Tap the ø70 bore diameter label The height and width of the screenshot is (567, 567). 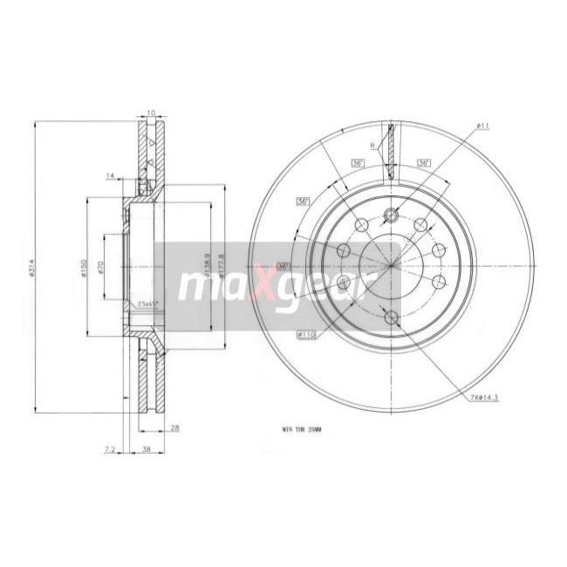tap(101, 268)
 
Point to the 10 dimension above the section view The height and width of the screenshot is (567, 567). tap(149, 113)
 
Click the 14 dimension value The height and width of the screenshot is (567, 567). tap(110, 177)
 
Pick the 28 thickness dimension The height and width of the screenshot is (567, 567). tap(175, 427)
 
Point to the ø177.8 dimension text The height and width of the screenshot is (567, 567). tap(223, 265)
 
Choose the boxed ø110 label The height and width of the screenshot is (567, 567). tap(306, 332)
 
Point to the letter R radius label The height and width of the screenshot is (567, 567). tap(372, 146)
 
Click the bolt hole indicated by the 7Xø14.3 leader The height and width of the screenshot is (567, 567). tap(391, 318)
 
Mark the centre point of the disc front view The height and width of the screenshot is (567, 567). tap(391, 267)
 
